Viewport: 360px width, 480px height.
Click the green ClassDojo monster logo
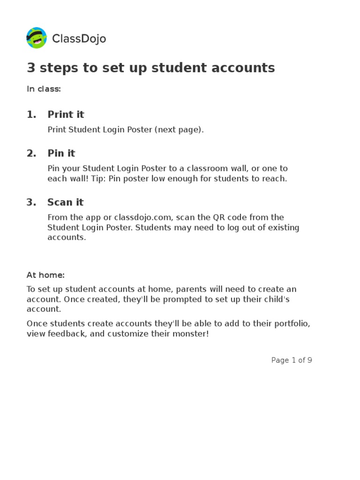[37, 38]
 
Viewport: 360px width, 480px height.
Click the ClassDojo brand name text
[79, 39]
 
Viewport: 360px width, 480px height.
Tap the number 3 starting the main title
[31, 68]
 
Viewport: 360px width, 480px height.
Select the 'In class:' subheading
[44, 89]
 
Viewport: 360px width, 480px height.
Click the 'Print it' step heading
[66, 114]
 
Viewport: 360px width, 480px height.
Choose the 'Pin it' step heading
[61, 153]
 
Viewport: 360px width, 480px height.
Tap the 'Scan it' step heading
[65, 202]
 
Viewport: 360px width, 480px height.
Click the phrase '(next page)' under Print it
[179, 130]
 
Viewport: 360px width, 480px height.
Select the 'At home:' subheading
[45, 275]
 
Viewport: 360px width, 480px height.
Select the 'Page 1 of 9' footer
[292, 360]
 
